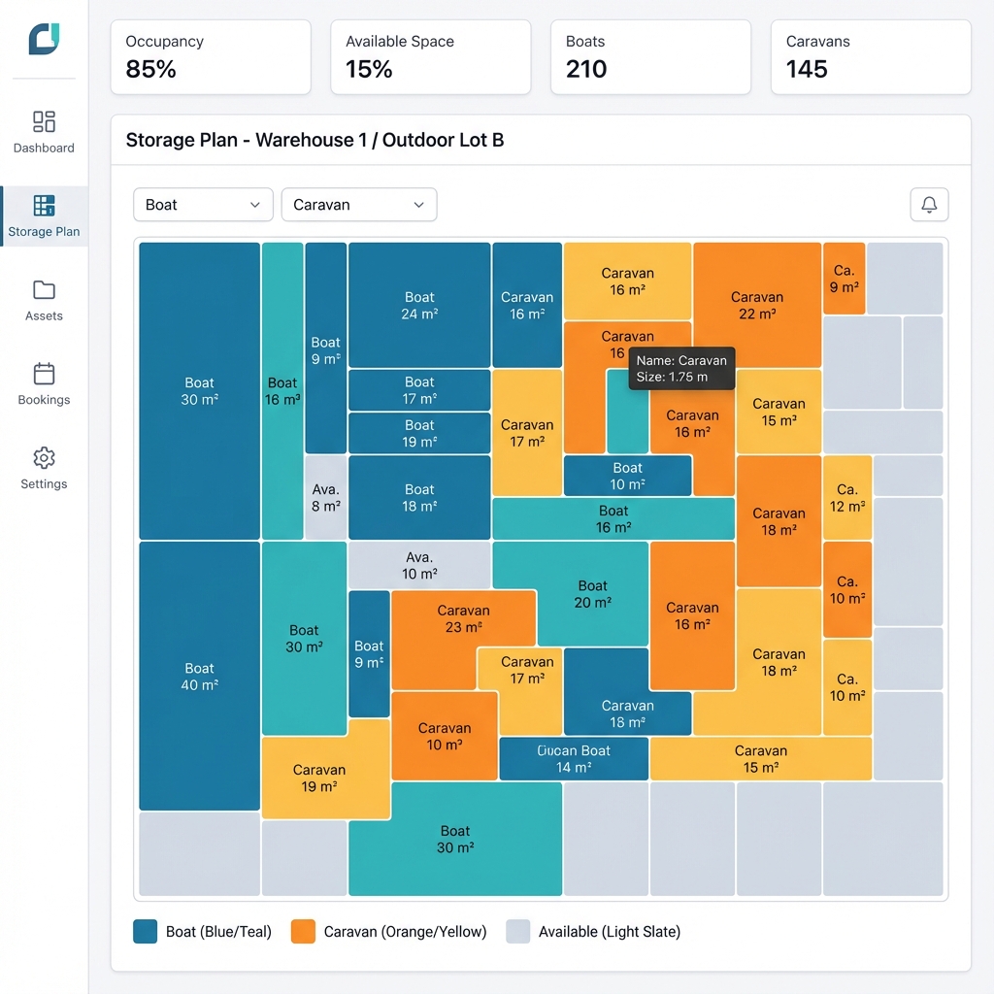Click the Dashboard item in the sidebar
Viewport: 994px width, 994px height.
44,132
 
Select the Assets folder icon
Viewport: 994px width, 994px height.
44,290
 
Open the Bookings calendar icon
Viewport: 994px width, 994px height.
44,374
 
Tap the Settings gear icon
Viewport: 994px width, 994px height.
44,458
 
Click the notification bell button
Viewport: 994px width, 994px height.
929,205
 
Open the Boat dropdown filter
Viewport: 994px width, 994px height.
203,205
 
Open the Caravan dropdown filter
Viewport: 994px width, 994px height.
359,205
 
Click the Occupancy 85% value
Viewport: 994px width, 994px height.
151,70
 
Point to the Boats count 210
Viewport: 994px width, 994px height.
586,70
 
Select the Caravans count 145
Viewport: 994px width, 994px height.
807,70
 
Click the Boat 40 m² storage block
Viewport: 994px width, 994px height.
199,676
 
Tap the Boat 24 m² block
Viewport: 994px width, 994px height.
419,305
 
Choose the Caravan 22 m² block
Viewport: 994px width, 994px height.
757,305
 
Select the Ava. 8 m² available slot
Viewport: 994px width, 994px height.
325,497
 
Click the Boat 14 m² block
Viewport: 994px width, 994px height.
574,758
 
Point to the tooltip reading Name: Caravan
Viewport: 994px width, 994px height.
681,369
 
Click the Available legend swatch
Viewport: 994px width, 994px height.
518,932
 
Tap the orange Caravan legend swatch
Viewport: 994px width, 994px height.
303,932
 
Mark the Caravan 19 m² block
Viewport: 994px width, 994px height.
319,778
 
